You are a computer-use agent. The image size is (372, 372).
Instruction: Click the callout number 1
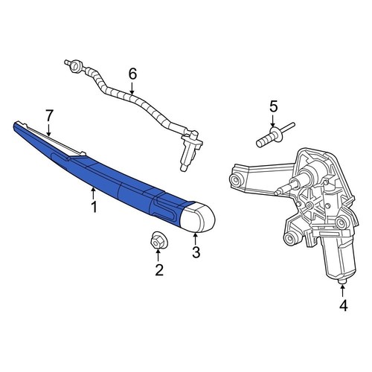point(94,208)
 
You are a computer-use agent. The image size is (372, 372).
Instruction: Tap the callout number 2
point(158,270)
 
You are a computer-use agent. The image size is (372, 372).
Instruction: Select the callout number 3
point(196,252)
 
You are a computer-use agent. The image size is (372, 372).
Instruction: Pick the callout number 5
point(273,106)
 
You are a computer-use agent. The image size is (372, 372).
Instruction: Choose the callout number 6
point(133,74)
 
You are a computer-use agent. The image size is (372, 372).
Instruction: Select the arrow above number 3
point(196,238)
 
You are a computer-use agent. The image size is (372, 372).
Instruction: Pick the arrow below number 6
point(133,89)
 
